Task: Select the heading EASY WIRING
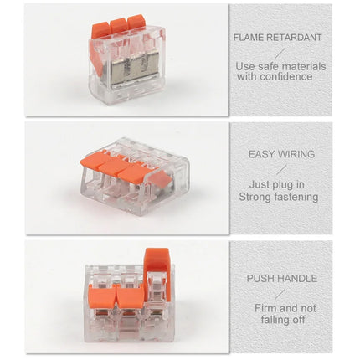click(281, 155)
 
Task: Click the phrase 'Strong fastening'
click(278, 197)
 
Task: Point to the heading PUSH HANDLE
click(281, 278)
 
